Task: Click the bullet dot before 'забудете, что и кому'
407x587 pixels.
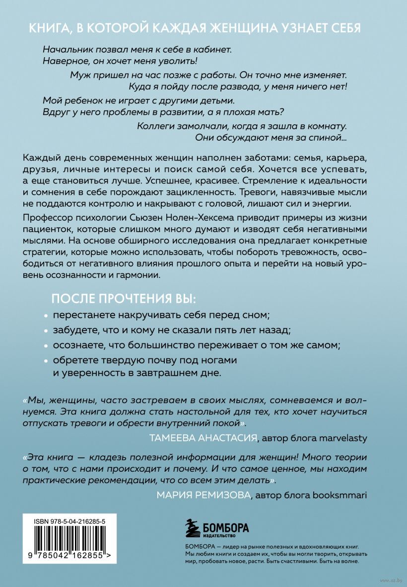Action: tap(46, 331)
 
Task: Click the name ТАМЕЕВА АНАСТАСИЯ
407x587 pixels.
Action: tap(203, 437)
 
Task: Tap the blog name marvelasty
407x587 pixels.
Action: tap(337, 437)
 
